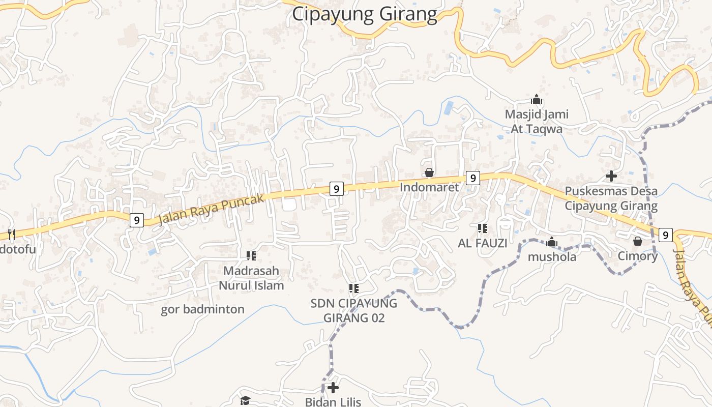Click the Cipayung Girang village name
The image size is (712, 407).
364,14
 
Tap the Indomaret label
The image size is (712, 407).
429,187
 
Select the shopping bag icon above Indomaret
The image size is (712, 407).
429,173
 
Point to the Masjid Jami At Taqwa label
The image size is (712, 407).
537,122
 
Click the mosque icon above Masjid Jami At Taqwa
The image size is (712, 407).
536,99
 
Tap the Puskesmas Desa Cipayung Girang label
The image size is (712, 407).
611,199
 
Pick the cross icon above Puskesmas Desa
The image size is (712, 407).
611,177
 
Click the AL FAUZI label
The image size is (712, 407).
482,243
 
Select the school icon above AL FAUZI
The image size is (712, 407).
482,228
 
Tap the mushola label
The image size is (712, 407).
552,257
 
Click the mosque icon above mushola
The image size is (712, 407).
552,242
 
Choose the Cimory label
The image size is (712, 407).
637,256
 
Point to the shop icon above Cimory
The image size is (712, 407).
638,241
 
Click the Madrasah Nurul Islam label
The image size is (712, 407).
251,278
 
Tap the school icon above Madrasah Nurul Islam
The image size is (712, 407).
251,255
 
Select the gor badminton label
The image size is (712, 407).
202,309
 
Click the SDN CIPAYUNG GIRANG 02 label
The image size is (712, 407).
354,311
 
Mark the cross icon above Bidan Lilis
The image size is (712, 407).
333,388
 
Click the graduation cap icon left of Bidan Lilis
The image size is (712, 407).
245,400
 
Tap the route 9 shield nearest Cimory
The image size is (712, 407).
665,235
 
